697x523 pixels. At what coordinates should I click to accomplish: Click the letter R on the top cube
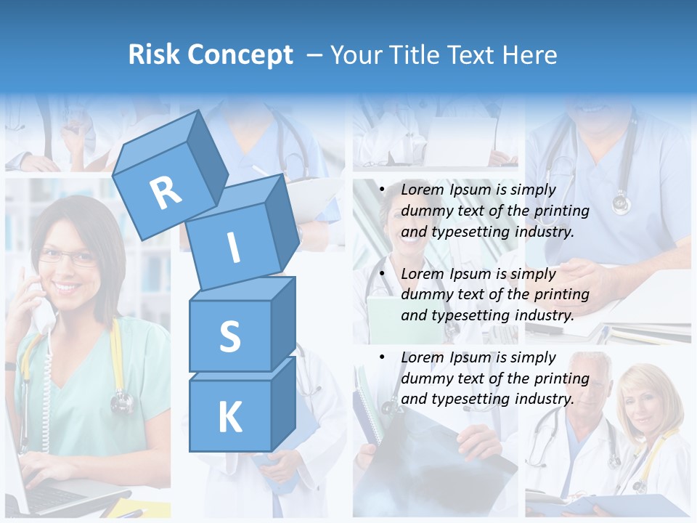(166, 193)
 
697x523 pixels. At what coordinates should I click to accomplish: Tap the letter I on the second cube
(233, 248)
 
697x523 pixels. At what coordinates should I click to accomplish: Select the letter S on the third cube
(229, 336)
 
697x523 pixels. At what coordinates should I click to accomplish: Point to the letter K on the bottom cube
(229, 417)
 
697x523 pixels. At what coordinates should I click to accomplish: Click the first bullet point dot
(383, 190)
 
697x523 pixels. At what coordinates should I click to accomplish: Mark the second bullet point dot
(383, 274)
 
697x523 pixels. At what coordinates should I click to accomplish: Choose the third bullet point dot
(383, 357)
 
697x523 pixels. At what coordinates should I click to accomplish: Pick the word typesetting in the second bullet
(462, 315)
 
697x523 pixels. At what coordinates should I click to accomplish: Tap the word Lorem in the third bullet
(423, 357)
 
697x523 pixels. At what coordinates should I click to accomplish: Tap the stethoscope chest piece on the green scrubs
(122, 400)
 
